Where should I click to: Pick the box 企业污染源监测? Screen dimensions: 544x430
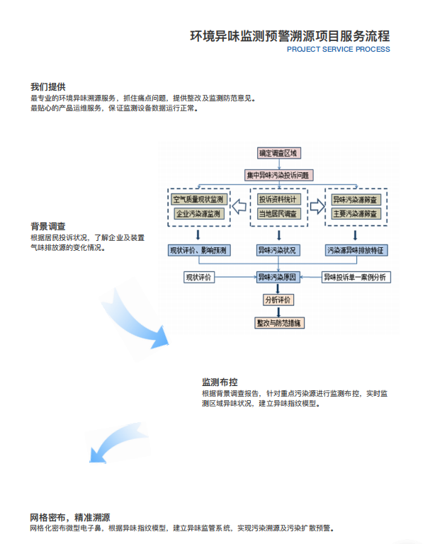coord(198,213)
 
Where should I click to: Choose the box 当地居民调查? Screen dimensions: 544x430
coord(278,213)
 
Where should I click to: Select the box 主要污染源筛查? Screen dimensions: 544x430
coord(356,213)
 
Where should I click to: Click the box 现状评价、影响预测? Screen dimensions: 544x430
coord(198,250)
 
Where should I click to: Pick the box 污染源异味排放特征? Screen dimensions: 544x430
coord(356,250)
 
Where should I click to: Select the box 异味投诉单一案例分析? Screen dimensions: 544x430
coord(356,277)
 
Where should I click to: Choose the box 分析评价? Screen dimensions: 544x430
coord(278,300)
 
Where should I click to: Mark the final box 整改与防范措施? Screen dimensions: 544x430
coord(278,323)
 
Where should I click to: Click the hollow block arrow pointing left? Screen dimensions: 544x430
coord(240,206)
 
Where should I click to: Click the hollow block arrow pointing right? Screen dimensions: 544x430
coord(317,206)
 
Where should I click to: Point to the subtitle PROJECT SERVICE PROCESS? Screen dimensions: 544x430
coord(338,50)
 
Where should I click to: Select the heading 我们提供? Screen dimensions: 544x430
coord(48,86)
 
